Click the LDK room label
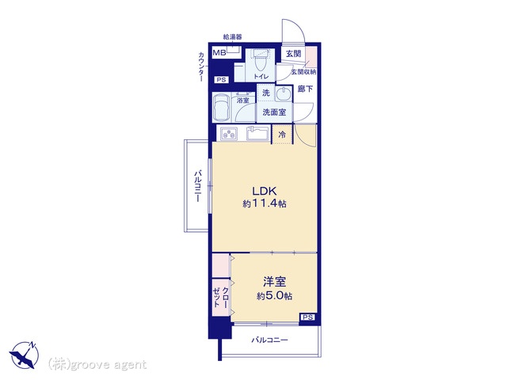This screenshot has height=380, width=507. coord(264,191)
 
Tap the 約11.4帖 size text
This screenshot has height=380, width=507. coord(265,203)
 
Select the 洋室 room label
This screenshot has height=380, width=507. coord(274,282)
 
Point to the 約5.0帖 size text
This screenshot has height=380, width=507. coord(275,295)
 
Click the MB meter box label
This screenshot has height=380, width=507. coord(219,52)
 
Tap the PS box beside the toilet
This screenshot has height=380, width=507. coord(222,79)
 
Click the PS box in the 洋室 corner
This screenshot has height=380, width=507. coord(307,317)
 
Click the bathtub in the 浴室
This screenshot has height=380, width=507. coord(222,108)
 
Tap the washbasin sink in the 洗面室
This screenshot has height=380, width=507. coord(284,94)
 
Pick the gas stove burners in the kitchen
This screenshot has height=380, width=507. coord(229,134)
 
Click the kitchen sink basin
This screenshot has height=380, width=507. coord(257,133)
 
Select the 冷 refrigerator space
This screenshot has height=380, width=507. coord(282,134)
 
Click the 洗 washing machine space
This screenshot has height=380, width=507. coord(266,93)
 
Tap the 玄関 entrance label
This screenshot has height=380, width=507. coord(293,54)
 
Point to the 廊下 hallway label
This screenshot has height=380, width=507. coord(305,89)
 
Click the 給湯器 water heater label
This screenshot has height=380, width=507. coord(232,37)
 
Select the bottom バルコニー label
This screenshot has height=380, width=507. coord(269,340)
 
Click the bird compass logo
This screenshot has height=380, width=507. coord(24,355)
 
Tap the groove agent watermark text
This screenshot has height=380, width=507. coord(97,364)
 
